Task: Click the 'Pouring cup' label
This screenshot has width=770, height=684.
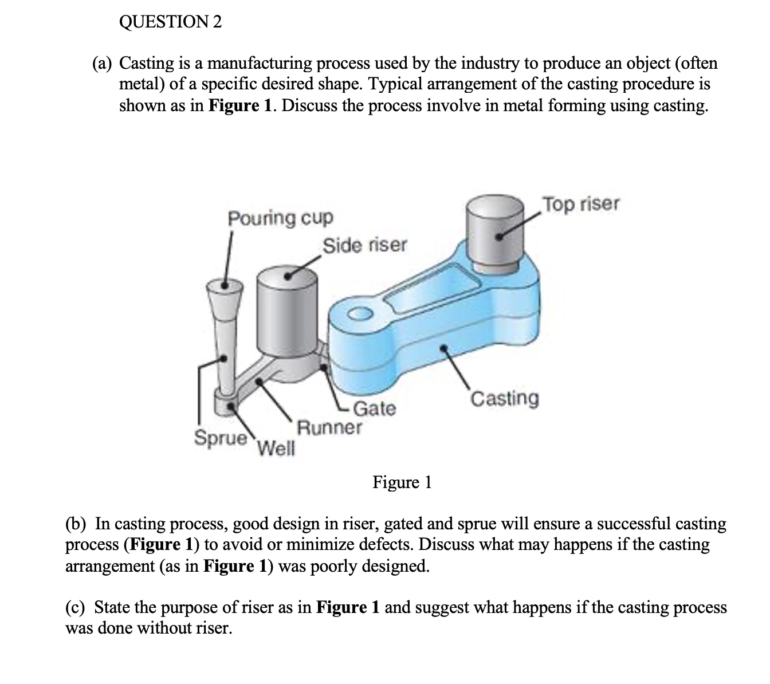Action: [x=280, y=218]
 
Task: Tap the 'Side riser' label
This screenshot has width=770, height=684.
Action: [x=365, y=245]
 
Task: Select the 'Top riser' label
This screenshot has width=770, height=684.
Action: [x=581, y=204]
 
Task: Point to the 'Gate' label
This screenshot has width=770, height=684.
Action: [x=375, y=408]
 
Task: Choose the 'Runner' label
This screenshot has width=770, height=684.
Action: [x=329, y=427]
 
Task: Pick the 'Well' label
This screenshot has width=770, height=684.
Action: [x=276, y=447]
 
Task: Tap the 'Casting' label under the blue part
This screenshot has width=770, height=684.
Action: [x=504, y=398]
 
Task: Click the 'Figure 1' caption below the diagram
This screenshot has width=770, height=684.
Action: [x=402, y=482]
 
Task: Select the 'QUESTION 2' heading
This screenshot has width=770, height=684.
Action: [x=170, y=22]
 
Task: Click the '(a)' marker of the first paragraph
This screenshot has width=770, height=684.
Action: [x=103, y=62]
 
